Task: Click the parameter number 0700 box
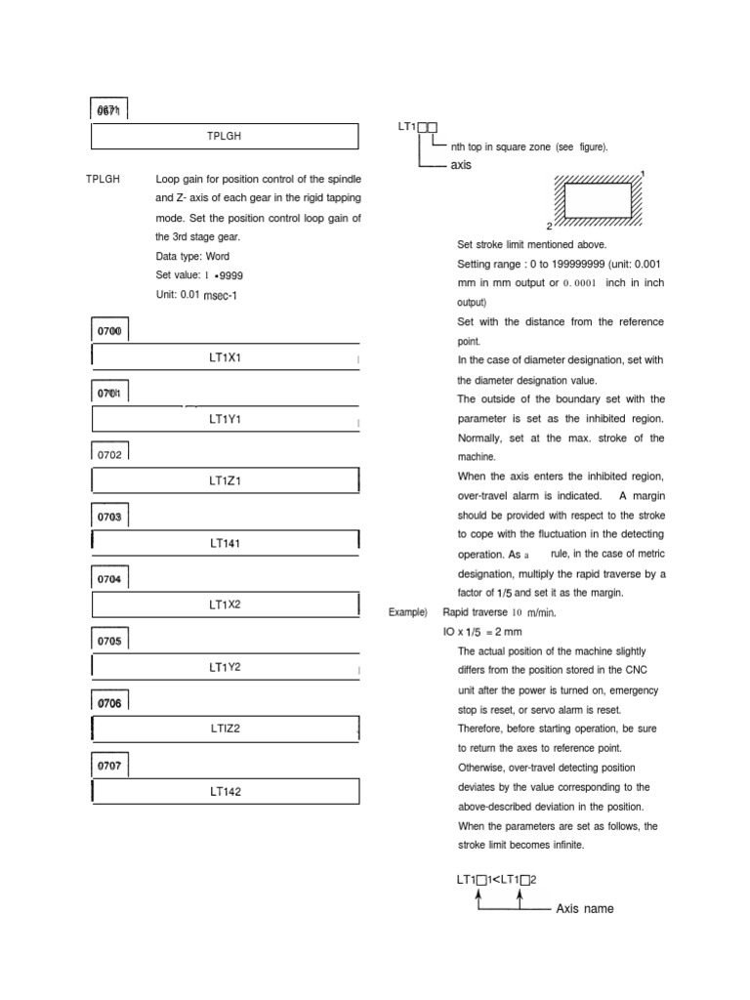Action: (109, 331)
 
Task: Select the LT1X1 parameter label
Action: (225, 357)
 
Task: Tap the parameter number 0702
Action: (109, 454)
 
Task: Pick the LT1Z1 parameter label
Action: (225, 481)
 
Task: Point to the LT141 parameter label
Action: (225, 543)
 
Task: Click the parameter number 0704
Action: (109, 579)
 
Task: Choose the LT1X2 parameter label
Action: (225, 604)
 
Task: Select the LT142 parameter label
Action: (225, 791)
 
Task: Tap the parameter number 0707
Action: (109, 766)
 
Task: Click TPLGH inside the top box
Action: (225, 136)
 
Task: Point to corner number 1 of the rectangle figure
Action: (643, 174)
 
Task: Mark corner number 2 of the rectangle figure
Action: (550, 226)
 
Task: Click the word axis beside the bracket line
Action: (461, 165)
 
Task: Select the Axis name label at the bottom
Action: (585, 909)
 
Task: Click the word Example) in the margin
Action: (408, 612)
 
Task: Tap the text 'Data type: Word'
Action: (192, 256)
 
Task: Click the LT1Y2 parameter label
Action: (225, 667)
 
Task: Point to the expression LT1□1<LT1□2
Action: (496, 879)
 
